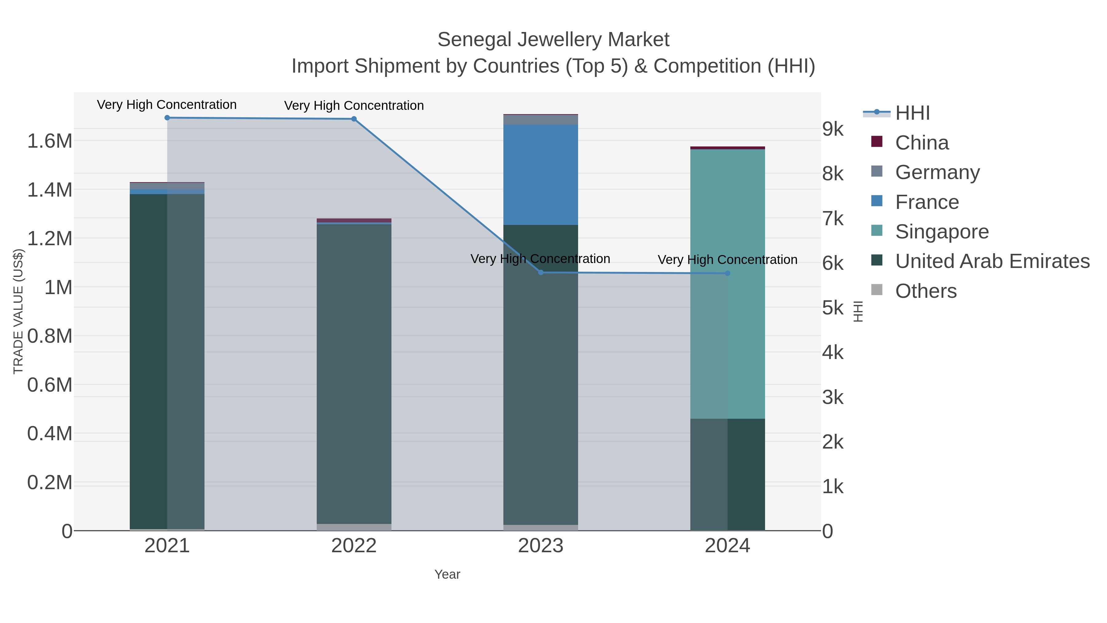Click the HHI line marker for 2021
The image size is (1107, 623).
(x=167, y=118)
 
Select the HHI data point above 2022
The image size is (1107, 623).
(x=354, y=119)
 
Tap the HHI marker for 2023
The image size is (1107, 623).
(x=541, y=273)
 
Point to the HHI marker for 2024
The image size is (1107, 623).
(x=728, y=274)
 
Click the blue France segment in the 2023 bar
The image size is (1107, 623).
(x=541, y=174)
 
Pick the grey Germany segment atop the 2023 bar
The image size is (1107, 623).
(x=541, y=120)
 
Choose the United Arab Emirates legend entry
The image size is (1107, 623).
(x=992, y=261)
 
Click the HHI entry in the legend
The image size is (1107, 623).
(x=912, y=113)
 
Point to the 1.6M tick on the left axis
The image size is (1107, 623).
(x=50, y=141)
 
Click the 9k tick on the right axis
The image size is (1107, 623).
(x=833, y=129)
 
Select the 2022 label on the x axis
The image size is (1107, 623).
(x=354, y=546)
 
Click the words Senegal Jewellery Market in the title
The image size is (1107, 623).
(x=553, y=40)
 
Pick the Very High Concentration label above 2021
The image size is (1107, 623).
(x=167, y=105)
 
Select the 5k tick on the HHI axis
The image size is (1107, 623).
(x=833, y=308)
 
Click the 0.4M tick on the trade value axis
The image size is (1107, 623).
(x=50, y=433)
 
